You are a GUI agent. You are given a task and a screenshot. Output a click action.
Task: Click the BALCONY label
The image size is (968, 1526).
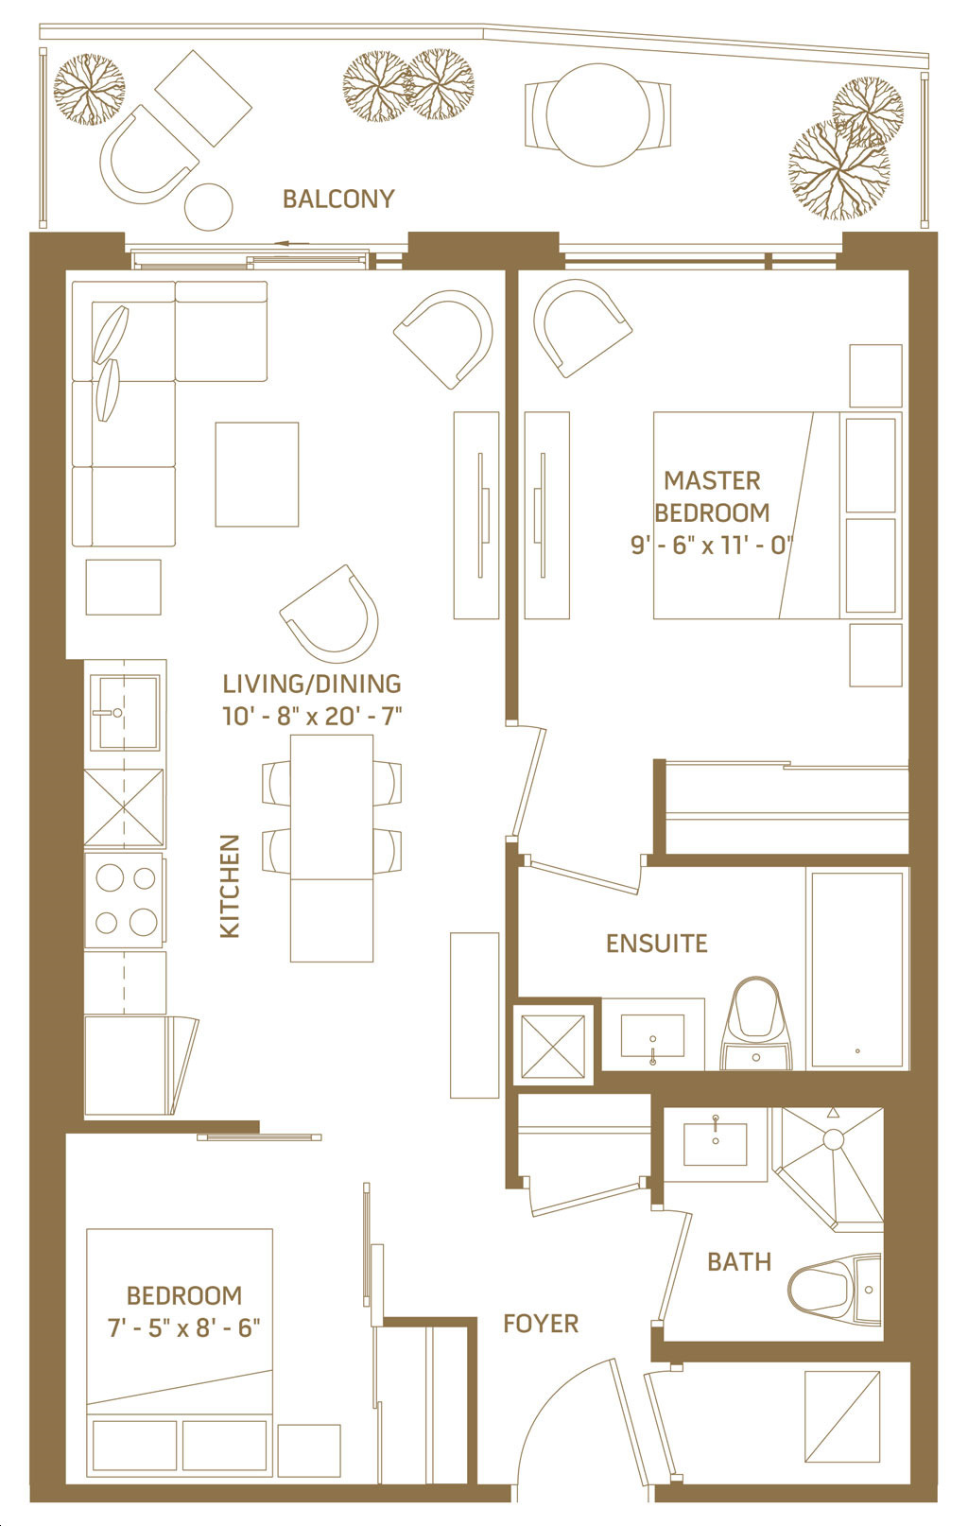coord(338,199)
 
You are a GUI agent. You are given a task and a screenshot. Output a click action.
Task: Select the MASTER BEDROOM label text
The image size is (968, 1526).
coord(713,496)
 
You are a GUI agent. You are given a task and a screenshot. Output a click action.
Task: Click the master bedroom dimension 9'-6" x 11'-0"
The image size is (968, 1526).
coord(713,546)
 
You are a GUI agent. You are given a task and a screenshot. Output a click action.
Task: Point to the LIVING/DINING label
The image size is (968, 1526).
coord(312,684)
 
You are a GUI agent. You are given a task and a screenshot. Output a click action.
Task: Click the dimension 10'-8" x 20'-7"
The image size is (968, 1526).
coord(312,716)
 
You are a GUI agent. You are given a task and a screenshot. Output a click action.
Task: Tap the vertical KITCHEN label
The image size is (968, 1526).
coord(231,886)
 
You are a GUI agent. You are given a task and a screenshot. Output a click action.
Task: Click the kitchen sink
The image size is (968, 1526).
coord(126,713)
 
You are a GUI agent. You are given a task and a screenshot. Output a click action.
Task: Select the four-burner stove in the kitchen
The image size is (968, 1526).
coord(126,900)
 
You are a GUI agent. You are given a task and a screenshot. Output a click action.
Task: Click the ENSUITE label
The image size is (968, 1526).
coord(657,944)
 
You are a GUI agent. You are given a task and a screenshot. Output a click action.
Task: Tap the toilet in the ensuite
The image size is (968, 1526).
coord(755,1023)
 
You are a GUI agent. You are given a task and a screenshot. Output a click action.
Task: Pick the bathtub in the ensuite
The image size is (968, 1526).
coord(857,968)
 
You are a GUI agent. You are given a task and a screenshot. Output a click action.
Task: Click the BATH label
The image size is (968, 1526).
coord(739,1262)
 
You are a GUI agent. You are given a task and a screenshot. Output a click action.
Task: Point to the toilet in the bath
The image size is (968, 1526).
coord(835,1289)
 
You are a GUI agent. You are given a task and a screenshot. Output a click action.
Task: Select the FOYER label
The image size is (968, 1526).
coord(541,1324)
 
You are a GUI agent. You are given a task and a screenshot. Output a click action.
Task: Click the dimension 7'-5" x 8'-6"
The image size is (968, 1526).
coord(184,1327)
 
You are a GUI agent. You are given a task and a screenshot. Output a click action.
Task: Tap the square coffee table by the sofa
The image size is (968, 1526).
coord(257,474)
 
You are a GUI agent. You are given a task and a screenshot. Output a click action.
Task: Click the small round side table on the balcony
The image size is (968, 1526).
coord(209,207)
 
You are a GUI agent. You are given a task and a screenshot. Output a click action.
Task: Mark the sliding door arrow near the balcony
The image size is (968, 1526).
coord(293,243)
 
